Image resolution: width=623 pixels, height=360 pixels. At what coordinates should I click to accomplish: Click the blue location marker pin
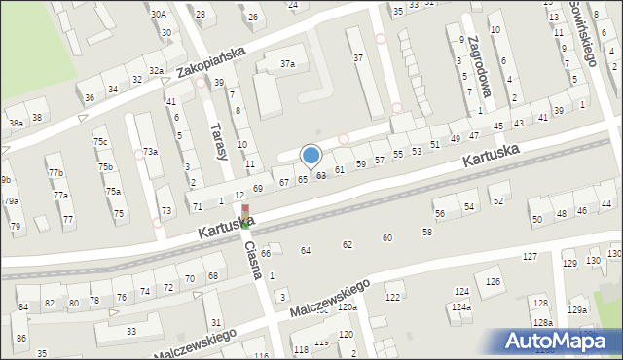tap(311, 155)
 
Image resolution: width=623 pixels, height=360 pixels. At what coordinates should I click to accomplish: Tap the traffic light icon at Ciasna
tap(244, 216)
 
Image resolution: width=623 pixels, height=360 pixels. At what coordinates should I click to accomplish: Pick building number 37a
tap(288, 63)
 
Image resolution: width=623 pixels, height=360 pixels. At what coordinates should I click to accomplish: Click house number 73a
tap(150, 151)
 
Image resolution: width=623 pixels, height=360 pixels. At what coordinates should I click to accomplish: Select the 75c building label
tap(100, 142)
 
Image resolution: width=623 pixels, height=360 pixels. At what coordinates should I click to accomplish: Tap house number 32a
tap(155, 70)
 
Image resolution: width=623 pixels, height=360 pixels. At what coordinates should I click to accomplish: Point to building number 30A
tap(158, 14)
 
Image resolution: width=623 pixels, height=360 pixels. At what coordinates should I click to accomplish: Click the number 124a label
tap(460, 307)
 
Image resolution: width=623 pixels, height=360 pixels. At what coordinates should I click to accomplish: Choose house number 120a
tap(347, 306)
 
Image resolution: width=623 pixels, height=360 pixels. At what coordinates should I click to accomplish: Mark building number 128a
tap(542, 322)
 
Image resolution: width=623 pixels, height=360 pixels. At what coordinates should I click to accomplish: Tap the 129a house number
tap(577, 309)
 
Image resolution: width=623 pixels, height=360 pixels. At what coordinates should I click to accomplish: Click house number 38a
tap(16, 124)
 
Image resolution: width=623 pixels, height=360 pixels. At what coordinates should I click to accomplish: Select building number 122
tap(393, 297)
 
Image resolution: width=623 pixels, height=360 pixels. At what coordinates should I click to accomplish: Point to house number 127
tap(530, 256)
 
